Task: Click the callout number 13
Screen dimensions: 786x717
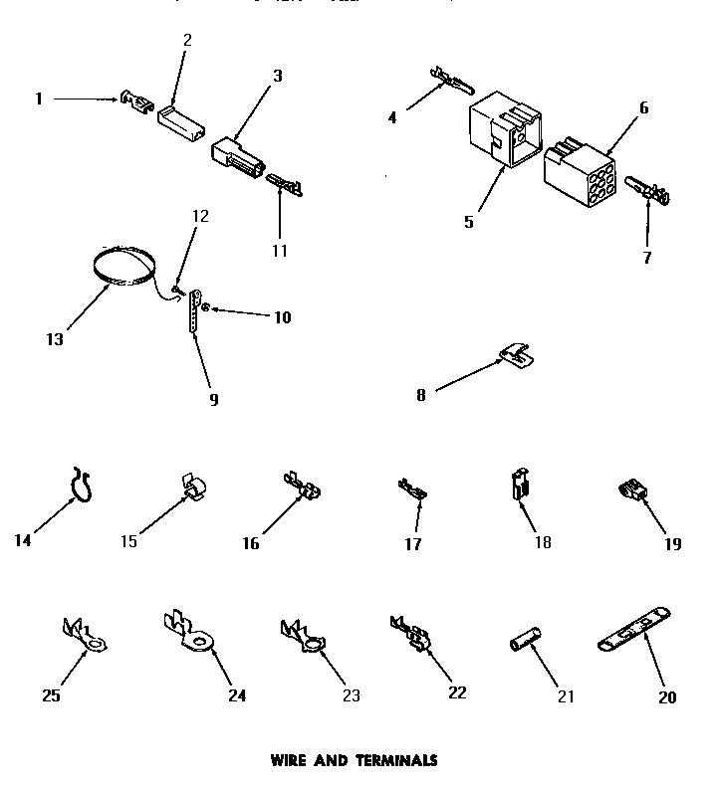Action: click(54, 339)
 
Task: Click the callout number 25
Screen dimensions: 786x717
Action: click(51, 695)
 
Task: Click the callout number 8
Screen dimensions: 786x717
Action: click(422, 394)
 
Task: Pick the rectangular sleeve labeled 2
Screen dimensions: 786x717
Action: click(179, 119)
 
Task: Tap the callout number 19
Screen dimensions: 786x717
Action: click(674, 543)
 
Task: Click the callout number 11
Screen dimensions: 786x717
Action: click(280, 251)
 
